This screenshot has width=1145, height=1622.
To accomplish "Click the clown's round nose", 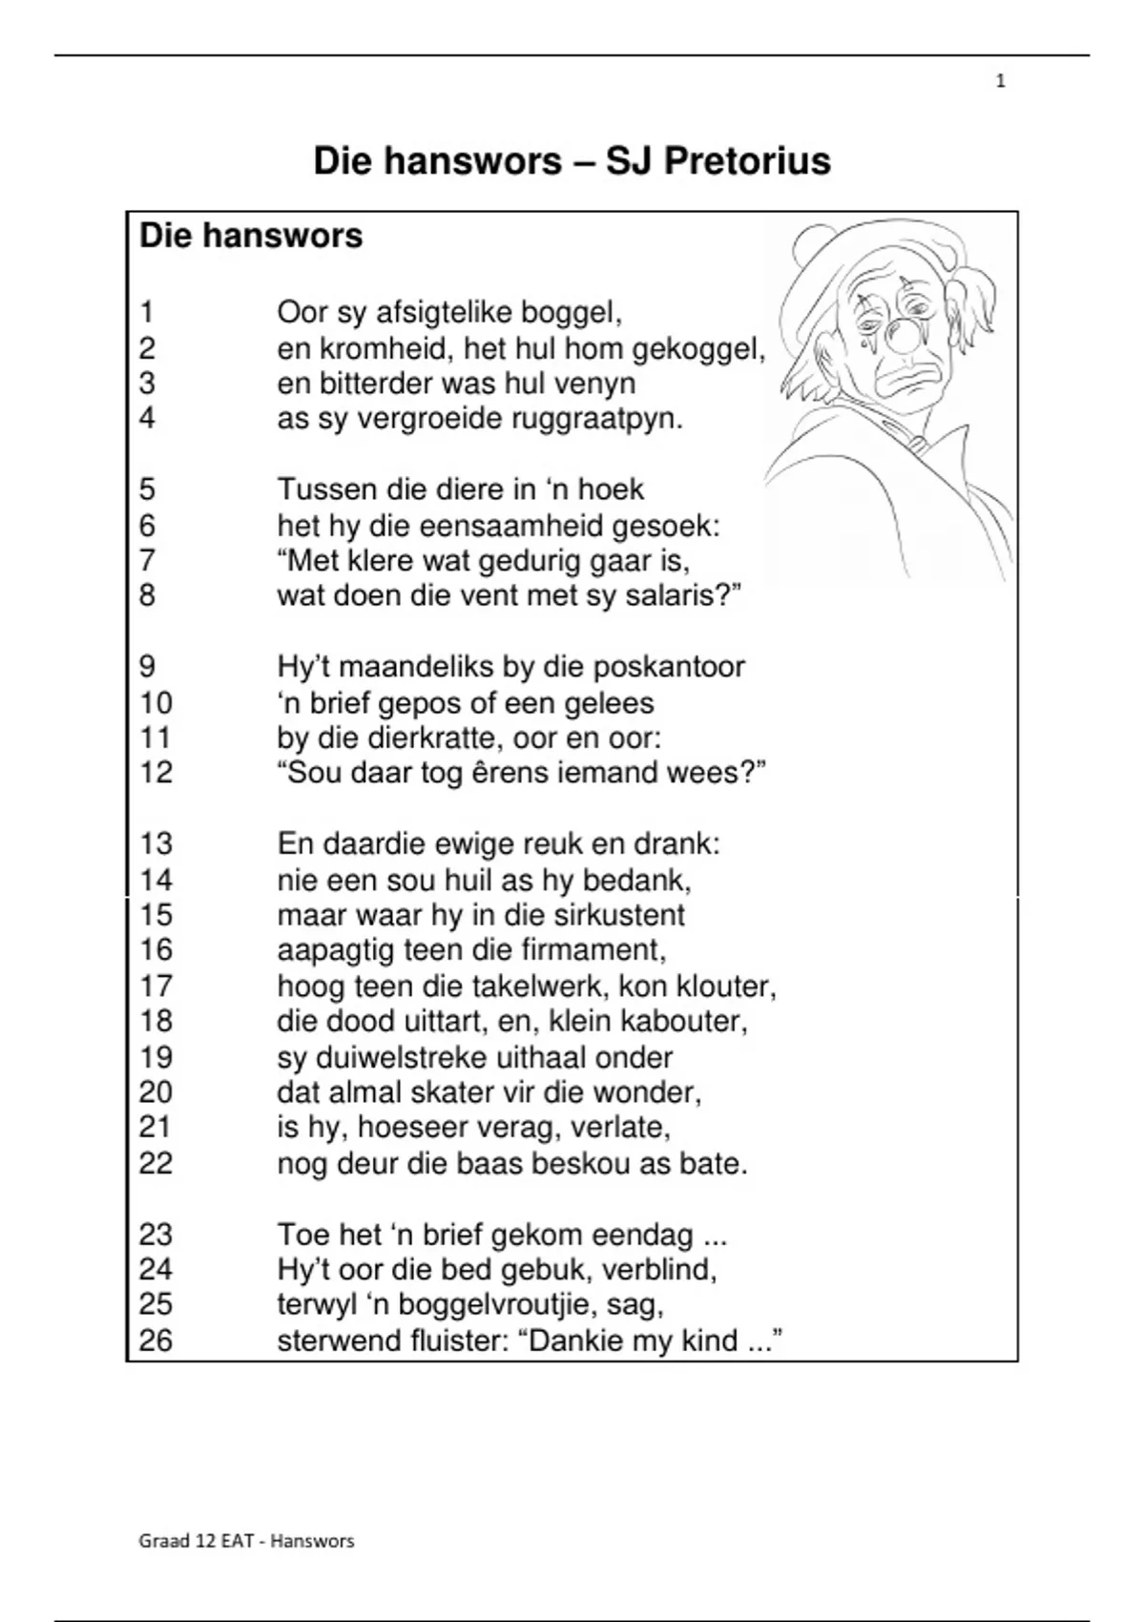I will click(x=902, y=335).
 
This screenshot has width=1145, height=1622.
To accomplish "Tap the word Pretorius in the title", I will click(x=746, y=160).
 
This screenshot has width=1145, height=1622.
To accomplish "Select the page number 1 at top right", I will click(x=1000, y=82).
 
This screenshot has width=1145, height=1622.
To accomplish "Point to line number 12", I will click(x=156, y=772).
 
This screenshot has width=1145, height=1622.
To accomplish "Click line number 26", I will click(x=156, y=1341).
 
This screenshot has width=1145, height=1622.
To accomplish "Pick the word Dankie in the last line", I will click(x=581, y=1341).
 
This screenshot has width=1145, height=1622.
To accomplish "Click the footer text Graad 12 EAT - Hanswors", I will click(x=246, y=1540).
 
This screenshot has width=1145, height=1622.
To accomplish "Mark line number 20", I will click(x=156, y=1092).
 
